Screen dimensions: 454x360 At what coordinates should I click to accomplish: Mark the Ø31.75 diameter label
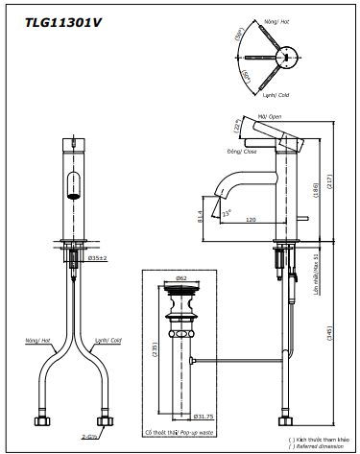(x=203, y=417)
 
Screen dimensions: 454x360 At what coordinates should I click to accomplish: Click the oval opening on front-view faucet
(x=73, y=183)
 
